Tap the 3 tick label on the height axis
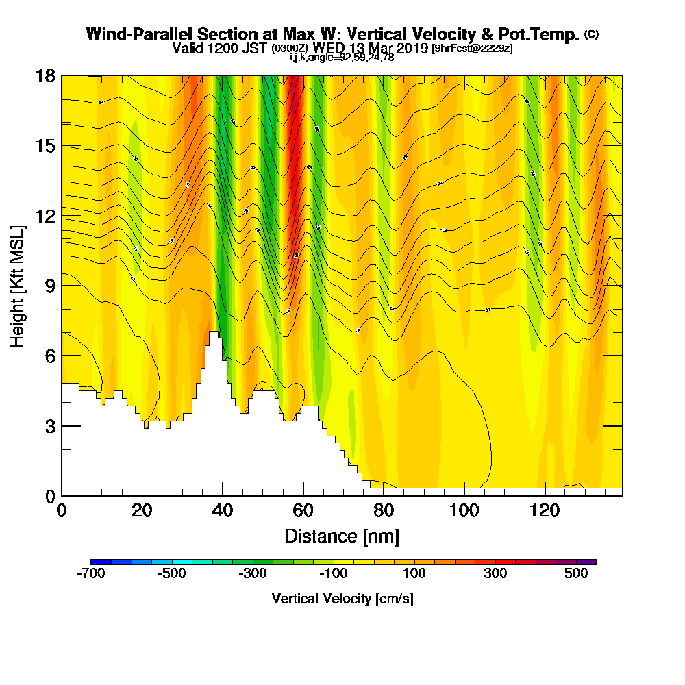(49, 426)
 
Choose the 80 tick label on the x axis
(384, 511)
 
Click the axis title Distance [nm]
(342, 536)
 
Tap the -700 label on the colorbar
(91, 574)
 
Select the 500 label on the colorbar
(577, 574)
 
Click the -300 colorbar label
(253, 574)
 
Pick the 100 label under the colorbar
(414, 574)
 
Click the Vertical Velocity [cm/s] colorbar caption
(342, 599)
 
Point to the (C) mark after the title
(591, 34)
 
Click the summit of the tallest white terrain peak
(214, 333)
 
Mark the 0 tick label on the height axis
(49, 496)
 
